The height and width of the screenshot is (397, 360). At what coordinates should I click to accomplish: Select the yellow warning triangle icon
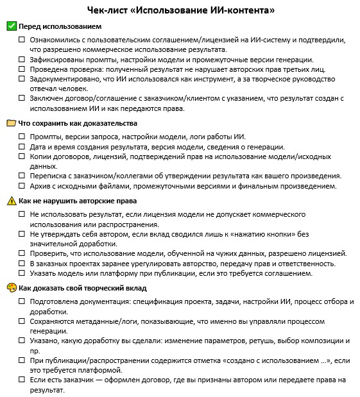[x=11, y=201]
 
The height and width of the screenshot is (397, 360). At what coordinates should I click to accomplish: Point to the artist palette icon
[x=11, y=288]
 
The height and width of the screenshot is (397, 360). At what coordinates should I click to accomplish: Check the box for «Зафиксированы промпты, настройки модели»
[x=22, y=59]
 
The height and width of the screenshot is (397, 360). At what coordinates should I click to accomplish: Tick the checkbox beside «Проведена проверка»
[x=22, y=69]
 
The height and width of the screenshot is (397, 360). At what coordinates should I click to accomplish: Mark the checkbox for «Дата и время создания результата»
[x=22, y=146]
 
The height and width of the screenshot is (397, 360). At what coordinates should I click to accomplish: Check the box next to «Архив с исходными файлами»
[x=22, y=186]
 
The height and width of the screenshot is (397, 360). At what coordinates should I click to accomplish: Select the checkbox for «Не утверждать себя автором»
[x=22, y=234]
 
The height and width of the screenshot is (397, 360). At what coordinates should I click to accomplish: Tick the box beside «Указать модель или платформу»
[x=22, y=273]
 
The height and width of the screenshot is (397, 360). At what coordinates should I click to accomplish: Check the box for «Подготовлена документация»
[x=22, y=301]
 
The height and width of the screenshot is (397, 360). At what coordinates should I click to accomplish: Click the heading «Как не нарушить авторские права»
[x=74, y=201]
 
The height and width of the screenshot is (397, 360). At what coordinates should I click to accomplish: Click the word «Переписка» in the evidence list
[x=49, y=176]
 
